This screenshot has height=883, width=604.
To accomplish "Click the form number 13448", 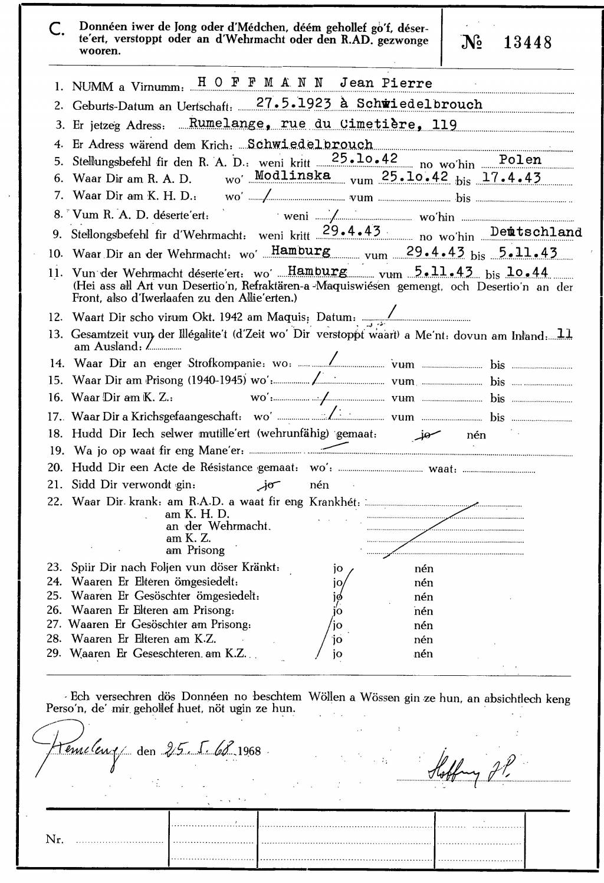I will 528,42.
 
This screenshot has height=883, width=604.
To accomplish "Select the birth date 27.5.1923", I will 294,103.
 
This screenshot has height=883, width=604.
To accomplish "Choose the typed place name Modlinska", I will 292,175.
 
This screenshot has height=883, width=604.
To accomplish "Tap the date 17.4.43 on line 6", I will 511,177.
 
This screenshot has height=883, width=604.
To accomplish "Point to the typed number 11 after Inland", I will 564,333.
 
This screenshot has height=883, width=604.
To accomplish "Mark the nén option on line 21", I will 319,485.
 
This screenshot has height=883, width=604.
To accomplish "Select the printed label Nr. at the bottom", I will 55,839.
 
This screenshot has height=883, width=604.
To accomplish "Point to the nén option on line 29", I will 424,653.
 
